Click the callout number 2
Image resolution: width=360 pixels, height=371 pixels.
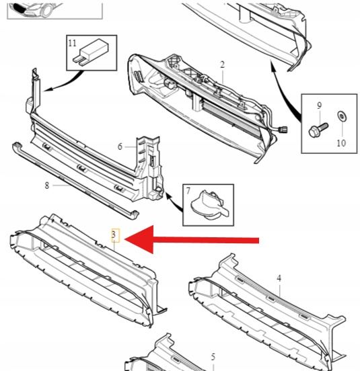222,65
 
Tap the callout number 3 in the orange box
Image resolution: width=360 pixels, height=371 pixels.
114,235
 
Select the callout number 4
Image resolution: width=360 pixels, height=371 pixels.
279,278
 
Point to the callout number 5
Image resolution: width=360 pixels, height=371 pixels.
213,357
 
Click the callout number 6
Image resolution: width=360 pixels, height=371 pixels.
120,147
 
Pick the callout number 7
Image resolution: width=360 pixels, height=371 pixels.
188,191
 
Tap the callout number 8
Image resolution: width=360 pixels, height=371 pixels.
47,185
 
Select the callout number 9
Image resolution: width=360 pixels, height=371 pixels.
319,106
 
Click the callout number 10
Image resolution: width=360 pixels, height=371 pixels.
341,143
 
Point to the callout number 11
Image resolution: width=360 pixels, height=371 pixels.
73,43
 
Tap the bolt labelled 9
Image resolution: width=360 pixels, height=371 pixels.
318,130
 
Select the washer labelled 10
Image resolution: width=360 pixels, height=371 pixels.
342,116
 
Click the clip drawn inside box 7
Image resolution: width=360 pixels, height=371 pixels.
209,205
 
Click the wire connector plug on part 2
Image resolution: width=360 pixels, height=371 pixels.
283,129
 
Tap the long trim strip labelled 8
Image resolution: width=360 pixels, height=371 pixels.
75,181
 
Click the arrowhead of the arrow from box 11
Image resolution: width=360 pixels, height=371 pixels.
47,89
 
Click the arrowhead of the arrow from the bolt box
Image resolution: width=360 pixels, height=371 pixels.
273,65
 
